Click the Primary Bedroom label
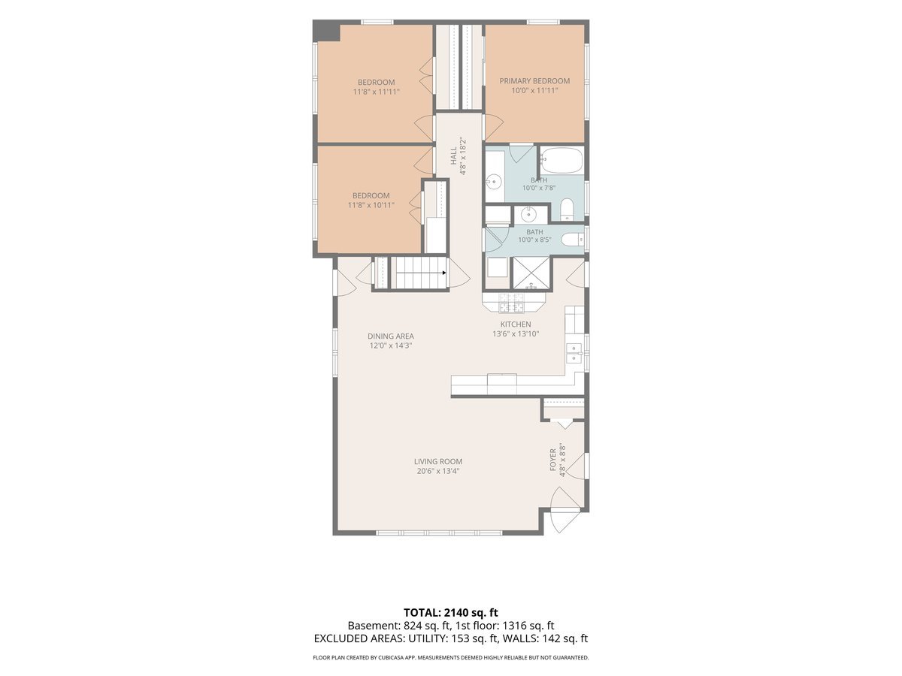pos(534,81)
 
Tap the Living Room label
pos(438,461)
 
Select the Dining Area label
pos(390,336)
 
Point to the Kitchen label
pos(516,324)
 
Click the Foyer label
pos(553,459)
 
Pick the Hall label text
pos(453,156)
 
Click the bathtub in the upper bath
pos(561,161)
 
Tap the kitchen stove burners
pos(512,303)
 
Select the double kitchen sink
pos(574,353)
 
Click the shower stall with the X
pos(531,273)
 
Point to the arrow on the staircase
pos(443,273)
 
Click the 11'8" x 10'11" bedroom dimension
pos(371,205)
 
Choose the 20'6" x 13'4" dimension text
pos(438,471)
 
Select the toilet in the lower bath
pos(572,239)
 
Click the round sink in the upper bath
pos(495,181)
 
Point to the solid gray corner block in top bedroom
pos(326,30)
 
